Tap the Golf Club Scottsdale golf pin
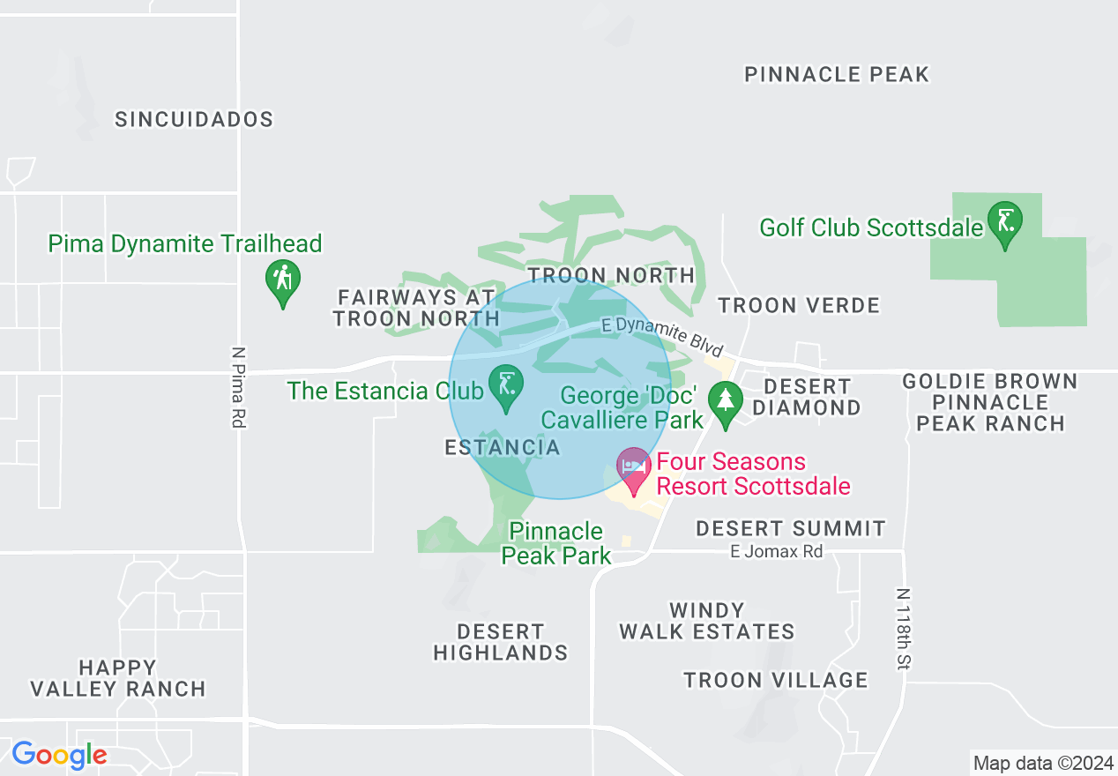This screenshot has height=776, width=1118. [x=1004, y=224]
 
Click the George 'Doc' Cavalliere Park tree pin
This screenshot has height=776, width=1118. [x=725, y=404]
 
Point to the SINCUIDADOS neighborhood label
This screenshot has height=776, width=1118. [x=194, y=120]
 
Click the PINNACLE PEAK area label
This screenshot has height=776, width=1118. [x=837, y=75]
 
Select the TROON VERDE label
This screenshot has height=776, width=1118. [x=799, y=306]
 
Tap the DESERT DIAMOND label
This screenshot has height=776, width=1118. [x=807, y=397]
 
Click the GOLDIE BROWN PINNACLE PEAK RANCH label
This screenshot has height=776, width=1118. [x=990, y=402]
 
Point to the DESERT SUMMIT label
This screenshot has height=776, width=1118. [x=791, y=528]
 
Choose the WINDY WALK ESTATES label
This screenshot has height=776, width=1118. [x=706, y=621]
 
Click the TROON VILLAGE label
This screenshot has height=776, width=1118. [x=776, y=680]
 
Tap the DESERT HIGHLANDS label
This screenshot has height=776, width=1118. [x=500, y=642]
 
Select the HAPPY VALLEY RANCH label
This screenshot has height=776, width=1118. [x=117, y=678]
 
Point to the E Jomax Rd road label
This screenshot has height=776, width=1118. [x=776, y=552]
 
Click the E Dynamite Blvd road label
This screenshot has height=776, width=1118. [x=662, y=337]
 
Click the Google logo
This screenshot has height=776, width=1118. [x=59, y=756]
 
